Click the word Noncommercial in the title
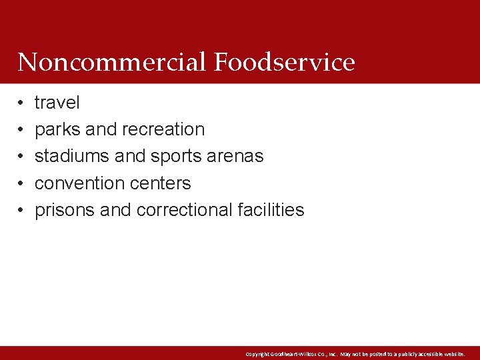click(113, 62)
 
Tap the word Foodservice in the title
click(285, 62)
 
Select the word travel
click(57, 103)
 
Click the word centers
click(161, 183)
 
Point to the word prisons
click(64, 210)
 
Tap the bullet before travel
click(21, 103)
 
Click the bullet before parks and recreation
click(21, 130)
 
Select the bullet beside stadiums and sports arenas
click(21, 157)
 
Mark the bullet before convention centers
click(21, 183)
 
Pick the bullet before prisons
click(21, 211)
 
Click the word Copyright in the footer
click(258, 354)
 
